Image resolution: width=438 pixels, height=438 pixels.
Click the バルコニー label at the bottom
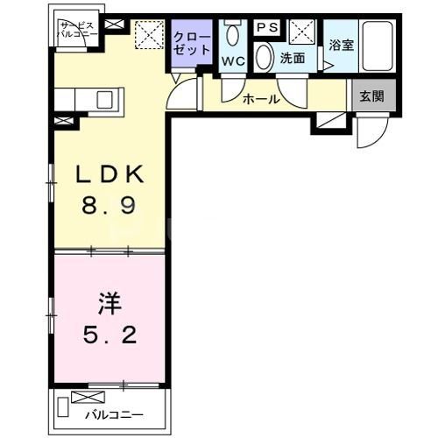[113, 415]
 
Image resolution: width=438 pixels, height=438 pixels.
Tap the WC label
[232, 61]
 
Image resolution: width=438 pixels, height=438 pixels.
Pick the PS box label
[267, 28]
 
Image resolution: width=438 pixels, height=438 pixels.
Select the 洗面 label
[292, 59]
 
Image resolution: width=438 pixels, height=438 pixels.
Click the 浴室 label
[340, 43]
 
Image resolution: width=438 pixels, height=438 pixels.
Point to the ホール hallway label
[261, 99]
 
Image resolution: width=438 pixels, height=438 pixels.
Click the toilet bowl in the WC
[232, 36]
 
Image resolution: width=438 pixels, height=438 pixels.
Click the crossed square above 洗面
[304, 32]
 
